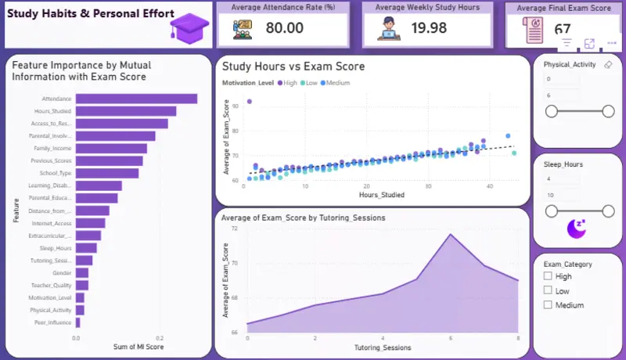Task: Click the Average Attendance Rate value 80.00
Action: coord(284,28)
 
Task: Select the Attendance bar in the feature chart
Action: coord(136,99)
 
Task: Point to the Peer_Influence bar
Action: coord(77,322)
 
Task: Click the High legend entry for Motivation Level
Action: coord(286,82)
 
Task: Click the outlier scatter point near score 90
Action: coord(249,102)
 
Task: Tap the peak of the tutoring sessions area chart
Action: coord(450,234)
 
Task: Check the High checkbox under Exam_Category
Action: coord(548,276)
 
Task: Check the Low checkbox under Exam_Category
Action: coord(548,290)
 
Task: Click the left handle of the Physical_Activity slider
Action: coord(552,112)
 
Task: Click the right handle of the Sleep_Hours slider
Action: coord(608,211)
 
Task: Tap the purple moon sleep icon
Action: coord(577,229)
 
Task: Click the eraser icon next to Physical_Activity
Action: coord(608,65)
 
